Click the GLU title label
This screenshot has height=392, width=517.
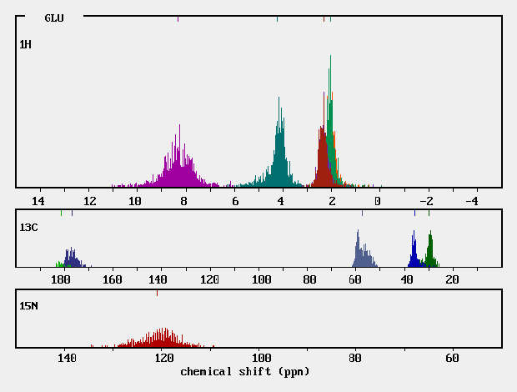point(54,18)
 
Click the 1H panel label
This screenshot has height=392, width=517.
point(26,43)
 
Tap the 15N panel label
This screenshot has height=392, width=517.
point(28,306)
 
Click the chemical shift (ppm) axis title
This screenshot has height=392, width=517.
point(244,371)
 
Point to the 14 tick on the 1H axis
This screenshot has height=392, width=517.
point(38,201)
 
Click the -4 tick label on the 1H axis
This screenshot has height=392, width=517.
point(471,201)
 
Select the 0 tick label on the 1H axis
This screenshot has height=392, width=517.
point(378,201)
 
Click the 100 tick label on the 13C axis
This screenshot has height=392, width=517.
point(262,280)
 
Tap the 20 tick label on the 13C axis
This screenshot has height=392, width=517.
point(452,280)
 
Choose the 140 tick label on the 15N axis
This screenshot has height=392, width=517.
point(67,359)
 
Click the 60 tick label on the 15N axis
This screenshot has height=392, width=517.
point(452,359)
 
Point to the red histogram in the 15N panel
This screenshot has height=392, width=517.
point(164,339)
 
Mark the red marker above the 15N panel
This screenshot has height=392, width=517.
point(157,293)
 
